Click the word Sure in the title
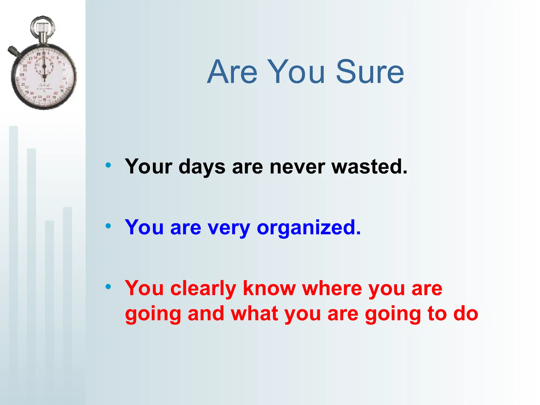point(370,72)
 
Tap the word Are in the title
point(232,72)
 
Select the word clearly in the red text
point(203,288)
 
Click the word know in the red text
point(269,288)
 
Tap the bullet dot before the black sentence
point(108,165)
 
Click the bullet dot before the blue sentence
point(108,226)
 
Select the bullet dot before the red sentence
point(108,287)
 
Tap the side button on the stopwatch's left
point(13,51)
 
